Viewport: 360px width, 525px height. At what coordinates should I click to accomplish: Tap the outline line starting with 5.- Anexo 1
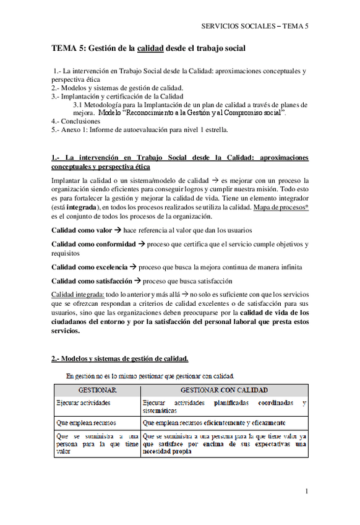pyautogui.click(x=140, y=129)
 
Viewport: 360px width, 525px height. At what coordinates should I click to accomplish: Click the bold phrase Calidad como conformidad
pyautogui.click(x=93, y=244)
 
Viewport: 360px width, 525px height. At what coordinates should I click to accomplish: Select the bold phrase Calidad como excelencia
pyautogui.click(x=90, y=267)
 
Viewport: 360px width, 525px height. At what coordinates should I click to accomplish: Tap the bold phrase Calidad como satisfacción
pyautogui.click(x=92, y=280)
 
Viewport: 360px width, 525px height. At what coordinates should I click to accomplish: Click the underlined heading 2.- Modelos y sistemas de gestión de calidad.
pyautogui.click(x=120, y=358)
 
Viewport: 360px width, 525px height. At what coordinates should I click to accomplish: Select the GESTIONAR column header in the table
pyautogui.click(x=97, y=391)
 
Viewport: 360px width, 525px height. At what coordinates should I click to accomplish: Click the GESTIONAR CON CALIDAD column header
pyautogui.click(x=223, y=391)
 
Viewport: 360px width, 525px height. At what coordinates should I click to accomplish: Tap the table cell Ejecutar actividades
pyautogui.click(x=84, y=402)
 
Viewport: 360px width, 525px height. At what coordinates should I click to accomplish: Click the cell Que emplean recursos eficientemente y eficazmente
pyautogui.click(x=214, y=423)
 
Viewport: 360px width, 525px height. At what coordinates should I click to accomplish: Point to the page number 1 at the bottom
pyautogui.click(x=306, y=491)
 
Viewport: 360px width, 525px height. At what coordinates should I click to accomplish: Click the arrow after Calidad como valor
pyautogui.click(x=117, y=230)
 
